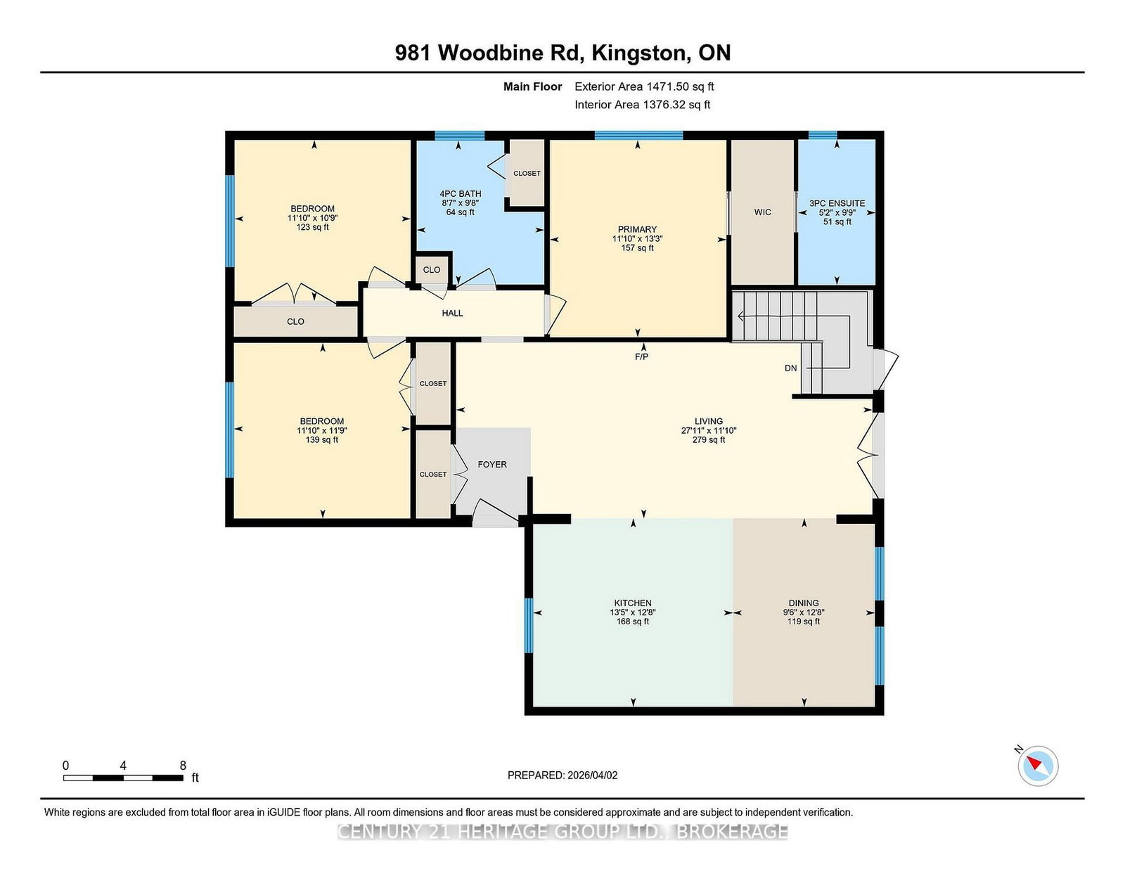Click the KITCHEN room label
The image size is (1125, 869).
click(633, 603)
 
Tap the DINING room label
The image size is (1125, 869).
click(804, 603)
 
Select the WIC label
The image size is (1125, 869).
click(763, 212)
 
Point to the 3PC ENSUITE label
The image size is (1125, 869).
click(837, 203)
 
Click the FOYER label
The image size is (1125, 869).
click(491, 465)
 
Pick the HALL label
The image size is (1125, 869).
click(452, 313)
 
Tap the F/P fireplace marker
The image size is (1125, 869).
click(641, 356)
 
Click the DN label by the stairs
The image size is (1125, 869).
click(790, 368)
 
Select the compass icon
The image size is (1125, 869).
click(1038, 766)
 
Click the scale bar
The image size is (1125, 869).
click(123, 778)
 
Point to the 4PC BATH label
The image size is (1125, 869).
click(461, 194)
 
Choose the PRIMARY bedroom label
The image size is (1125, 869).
click(637, 229)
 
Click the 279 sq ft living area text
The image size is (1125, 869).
click(709, 440)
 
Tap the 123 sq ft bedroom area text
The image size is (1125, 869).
click(312, 227)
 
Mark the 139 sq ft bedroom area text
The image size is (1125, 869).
click(321, 440)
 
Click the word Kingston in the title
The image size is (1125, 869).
click(639, 53)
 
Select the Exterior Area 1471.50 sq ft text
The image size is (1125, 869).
click(644, 87)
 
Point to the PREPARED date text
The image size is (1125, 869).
click(562, 775)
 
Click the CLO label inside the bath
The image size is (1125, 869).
click(431, 270)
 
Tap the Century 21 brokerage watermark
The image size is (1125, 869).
click(562, 832)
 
